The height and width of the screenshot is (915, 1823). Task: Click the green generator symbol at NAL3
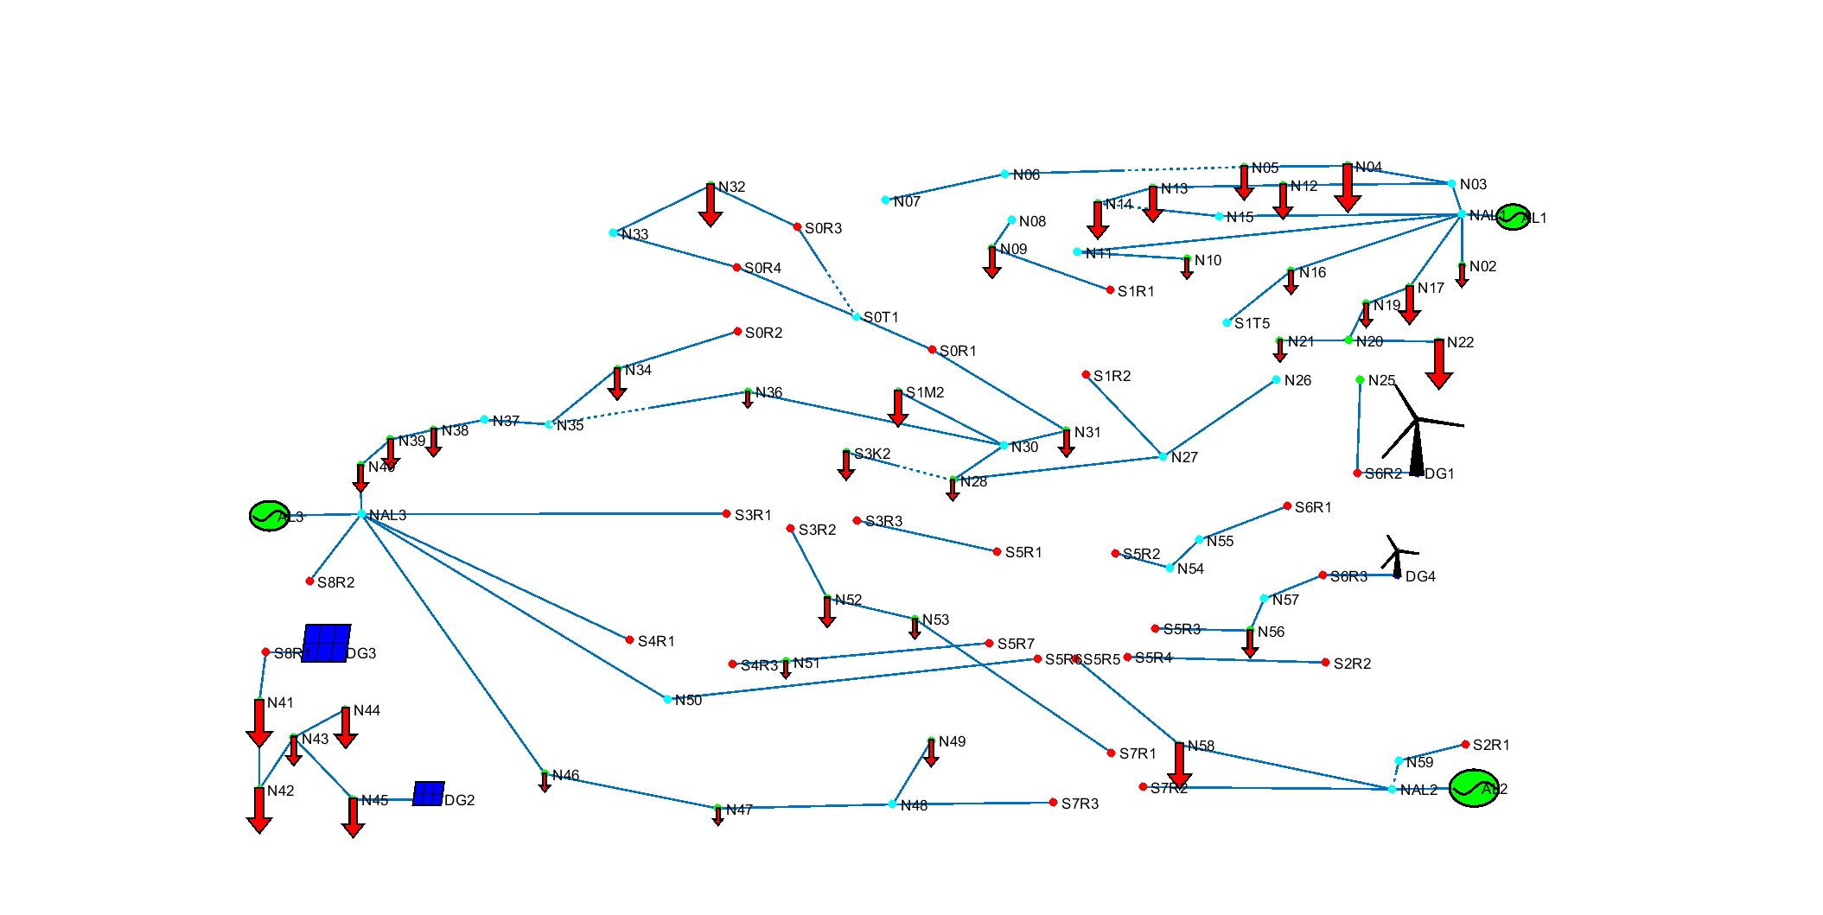[269, 516]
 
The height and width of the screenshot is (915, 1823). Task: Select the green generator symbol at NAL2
[1473, 788]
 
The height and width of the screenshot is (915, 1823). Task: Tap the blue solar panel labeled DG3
[327, 644]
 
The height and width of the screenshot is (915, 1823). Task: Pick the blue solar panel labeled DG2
[428, 794]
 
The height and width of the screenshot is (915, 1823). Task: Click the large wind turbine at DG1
[1417, 432]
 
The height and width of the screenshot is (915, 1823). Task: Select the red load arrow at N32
[711, 205]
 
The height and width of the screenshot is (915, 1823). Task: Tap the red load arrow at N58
[1179, 765]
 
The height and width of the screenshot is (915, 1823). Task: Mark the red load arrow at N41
[259, 722]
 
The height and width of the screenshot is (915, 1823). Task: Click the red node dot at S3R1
[727, 513]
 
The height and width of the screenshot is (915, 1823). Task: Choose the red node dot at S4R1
[629, 639]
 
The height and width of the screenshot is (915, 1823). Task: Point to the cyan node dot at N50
[667, 699]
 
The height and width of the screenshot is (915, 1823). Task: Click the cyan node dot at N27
[1163, 456]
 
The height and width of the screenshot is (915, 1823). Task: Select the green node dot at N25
[1361, 379]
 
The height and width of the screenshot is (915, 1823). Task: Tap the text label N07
[907, 202]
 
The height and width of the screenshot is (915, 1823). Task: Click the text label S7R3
[1080, 804]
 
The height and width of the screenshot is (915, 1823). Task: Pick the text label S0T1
[881, 317]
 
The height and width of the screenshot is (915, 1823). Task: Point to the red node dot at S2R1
[1465, 744]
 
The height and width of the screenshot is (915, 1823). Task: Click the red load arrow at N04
[1348, 187]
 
